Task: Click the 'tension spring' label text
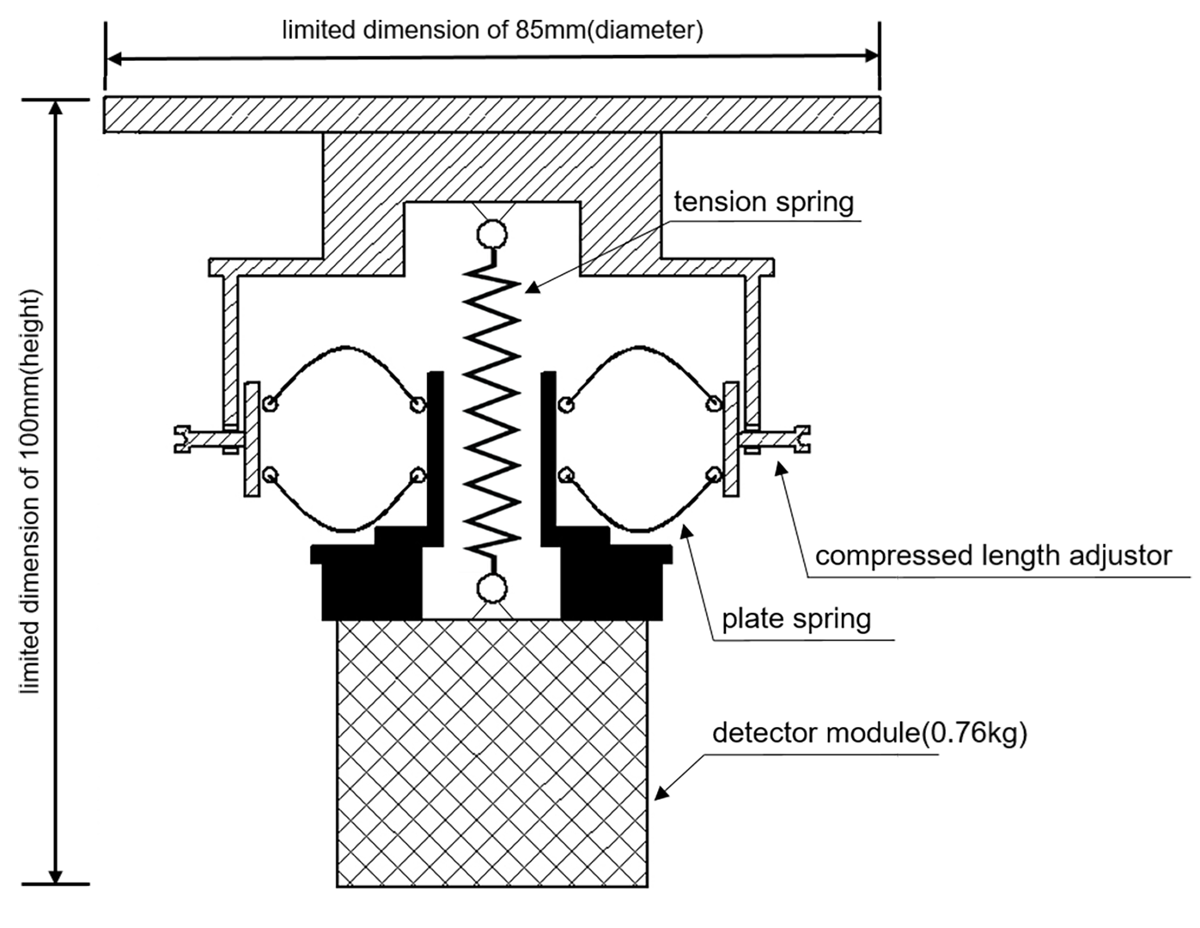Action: (x=763, y=203)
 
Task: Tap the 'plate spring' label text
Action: (x=795, y=619)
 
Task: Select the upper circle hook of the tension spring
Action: (x=492, y=234)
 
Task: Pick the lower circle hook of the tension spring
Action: (x=492, y=589)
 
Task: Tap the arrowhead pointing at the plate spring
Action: (x=685, y=531)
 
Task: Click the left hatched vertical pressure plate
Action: (x=252, y=438)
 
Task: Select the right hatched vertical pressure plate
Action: (x=731, y=438)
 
